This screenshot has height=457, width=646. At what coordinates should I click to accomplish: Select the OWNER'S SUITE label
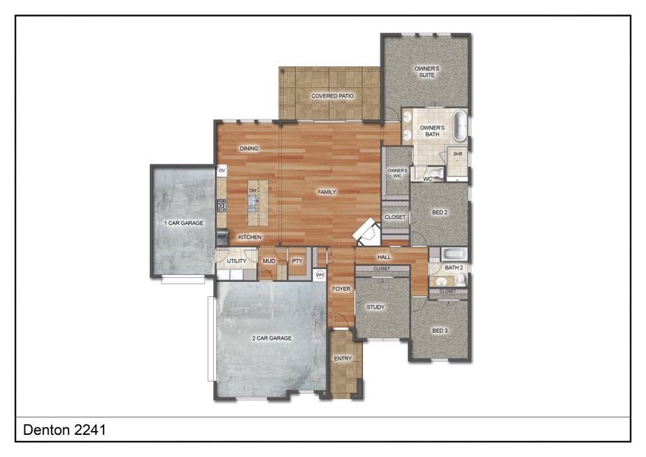point(427,72)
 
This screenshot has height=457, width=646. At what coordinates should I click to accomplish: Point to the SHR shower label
point(458,155)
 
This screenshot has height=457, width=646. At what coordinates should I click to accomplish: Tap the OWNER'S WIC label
point(396,173)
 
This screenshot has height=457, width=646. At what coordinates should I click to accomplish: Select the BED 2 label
point(439,213)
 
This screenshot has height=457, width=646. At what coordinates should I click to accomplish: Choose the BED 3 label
point(440,330)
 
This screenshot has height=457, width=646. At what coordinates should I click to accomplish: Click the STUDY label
point(375,308)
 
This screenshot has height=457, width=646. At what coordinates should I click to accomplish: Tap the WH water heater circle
point(320,274)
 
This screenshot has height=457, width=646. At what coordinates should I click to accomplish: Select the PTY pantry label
point(297,261)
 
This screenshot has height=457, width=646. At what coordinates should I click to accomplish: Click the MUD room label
point(269,261)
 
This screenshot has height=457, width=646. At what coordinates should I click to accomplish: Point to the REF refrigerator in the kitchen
point(221,238)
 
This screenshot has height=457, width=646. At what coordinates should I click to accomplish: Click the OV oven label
point(222,171)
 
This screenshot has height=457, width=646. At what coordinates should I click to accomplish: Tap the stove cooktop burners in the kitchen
point(221,205)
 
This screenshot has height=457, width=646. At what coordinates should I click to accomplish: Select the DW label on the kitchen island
point(253,190)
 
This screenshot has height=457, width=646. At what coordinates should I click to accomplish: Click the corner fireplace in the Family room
point(368,231)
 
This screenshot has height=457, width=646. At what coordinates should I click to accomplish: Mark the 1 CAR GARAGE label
point(183,223)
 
